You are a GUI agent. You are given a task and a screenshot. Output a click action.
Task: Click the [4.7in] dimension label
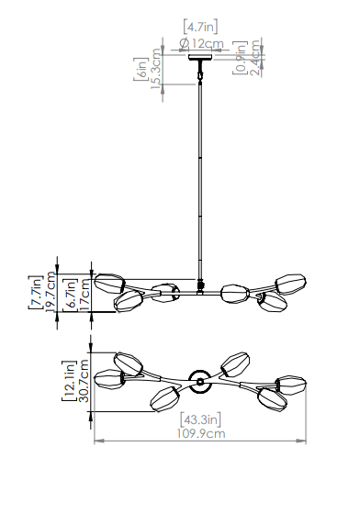click(x=200, y=27)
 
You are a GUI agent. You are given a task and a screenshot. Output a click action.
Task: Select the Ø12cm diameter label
click(x=201, y=43)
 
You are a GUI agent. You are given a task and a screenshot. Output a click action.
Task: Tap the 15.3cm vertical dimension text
click(x=156, y=69)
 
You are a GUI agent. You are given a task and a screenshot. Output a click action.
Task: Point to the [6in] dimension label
click(x=141, y=69)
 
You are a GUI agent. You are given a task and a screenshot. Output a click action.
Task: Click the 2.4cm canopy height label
click(x=255, y=58)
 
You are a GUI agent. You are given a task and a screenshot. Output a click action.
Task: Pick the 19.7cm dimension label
click(x=51, y=292)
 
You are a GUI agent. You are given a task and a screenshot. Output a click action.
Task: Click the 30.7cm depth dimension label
click(x=84, y=381)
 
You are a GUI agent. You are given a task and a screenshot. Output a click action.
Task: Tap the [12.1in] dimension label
click(x=69, y=381)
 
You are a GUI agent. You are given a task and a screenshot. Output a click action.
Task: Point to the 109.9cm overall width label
click(x=201, y=433)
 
